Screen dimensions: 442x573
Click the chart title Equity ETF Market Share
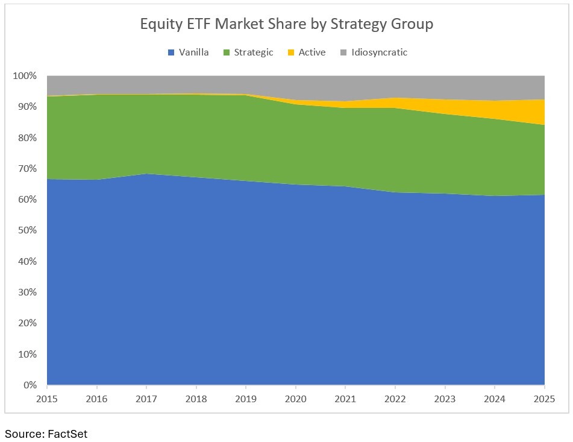click(286, 24)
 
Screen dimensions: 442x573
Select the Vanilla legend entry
click(193, 52)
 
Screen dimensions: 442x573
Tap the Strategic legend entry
click(254, 52)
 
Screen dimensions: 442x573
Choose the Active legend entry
click(312, 52)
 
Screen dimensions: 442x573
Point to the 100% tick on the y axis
click(25, 76)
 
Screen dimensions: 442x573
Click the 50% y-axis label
click(27, 230)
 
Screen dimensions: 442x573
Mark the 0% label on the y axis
click(30, 385)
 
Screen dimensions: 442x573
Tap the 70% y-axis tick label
click(27, 169)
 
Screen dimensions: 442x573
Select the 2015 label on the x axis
click(47, 399)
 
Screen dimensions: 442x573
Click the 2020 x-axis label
click(296, 399)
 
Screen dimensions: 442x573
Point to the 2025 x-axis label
click(544, 399)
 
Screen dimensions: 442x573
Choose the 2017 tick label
click(146, 399)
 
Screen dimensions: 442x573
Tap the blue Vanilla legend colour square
click(171, 52)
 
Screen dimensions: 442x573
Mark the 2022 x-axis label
click(395, 399)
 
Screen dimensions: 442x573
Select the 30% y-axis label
click(27, 292)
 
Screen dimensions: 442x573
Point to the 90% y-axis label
click(27, 107)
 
